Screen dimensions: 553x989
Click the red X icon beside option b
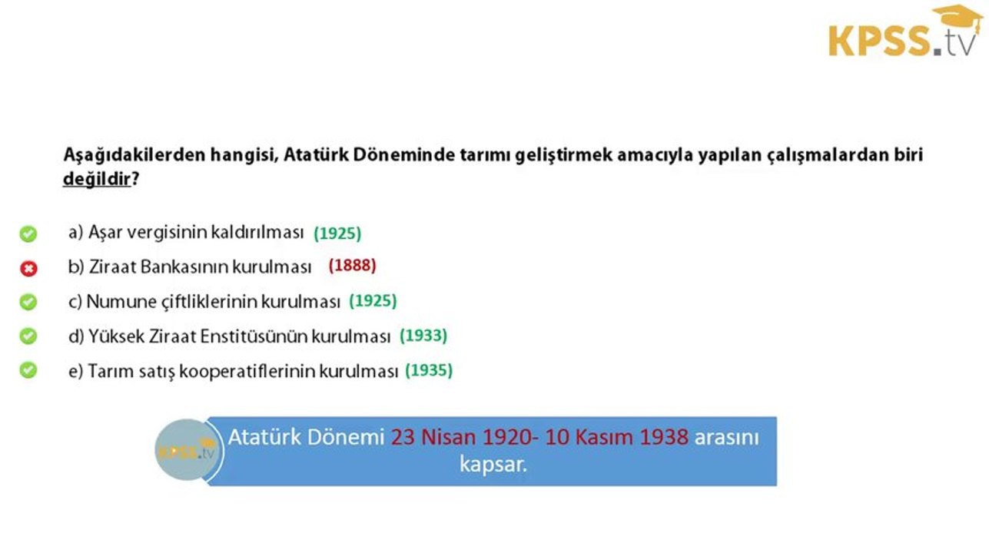28,268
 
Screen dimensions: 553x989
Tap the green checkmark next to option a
28,233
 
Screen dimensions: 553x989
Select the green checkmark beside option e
28,371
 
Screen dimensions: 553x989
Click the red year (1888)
352,266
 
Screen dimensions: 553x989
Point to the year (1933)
423,336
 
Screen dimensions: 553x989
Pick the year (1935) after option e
428,370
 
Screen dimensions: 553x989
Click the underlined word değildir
97,180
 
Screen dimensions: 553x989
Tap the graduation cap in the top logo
957,18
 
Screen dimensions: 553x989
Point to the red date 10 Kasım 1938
617,437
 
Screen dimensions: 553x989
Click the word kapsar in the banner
493,465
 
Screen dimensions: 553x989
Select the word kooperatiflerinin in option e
249,371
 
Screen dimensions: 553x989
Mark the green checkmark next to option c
28,302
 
